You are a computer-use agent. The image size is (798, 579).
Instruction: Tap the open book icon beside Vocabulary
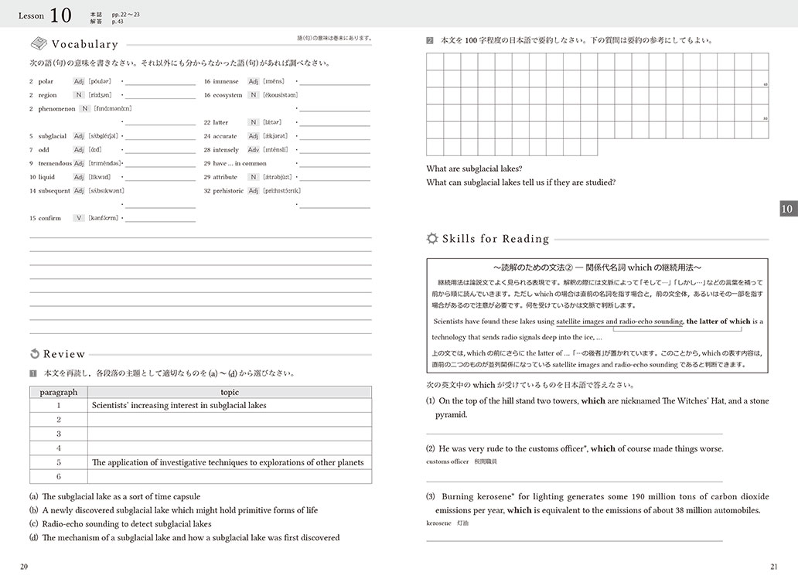coord(38,45)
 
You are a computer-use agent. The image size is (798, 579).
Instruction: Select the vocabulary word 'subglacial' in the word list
coord(53,136)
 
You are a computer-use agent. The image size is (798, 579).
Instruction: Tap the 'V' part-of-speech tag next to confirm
coord(78,218)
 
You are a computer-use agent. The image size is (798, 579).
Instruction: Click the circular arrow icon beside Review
coord(34,354)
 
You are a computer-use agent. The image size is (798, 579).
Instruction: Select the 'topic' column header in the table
coord(230,392)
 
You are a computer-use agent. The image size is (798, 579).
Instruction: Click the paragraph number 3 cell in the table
coord(59,434)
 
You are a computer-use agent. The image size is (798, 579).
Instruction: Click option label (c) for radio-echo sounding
coord(34,523)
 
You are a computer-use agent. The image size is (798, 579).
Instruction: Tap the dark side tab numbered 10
coord(786,209)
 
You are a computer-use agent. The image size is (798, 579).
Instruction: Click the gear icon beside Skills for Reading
coord(432,239)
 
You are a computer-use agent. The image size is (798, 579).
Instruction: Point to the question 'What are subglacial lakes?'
coord(474,169)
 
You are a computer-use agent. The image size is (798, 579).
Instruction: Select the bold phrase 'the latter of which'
coord(718,322)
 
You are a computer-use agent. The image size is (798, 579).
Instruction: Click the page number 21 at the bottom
coord(774,567)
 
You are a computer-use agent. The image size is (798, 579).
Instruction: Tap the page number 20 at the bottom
coord(25,567)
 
